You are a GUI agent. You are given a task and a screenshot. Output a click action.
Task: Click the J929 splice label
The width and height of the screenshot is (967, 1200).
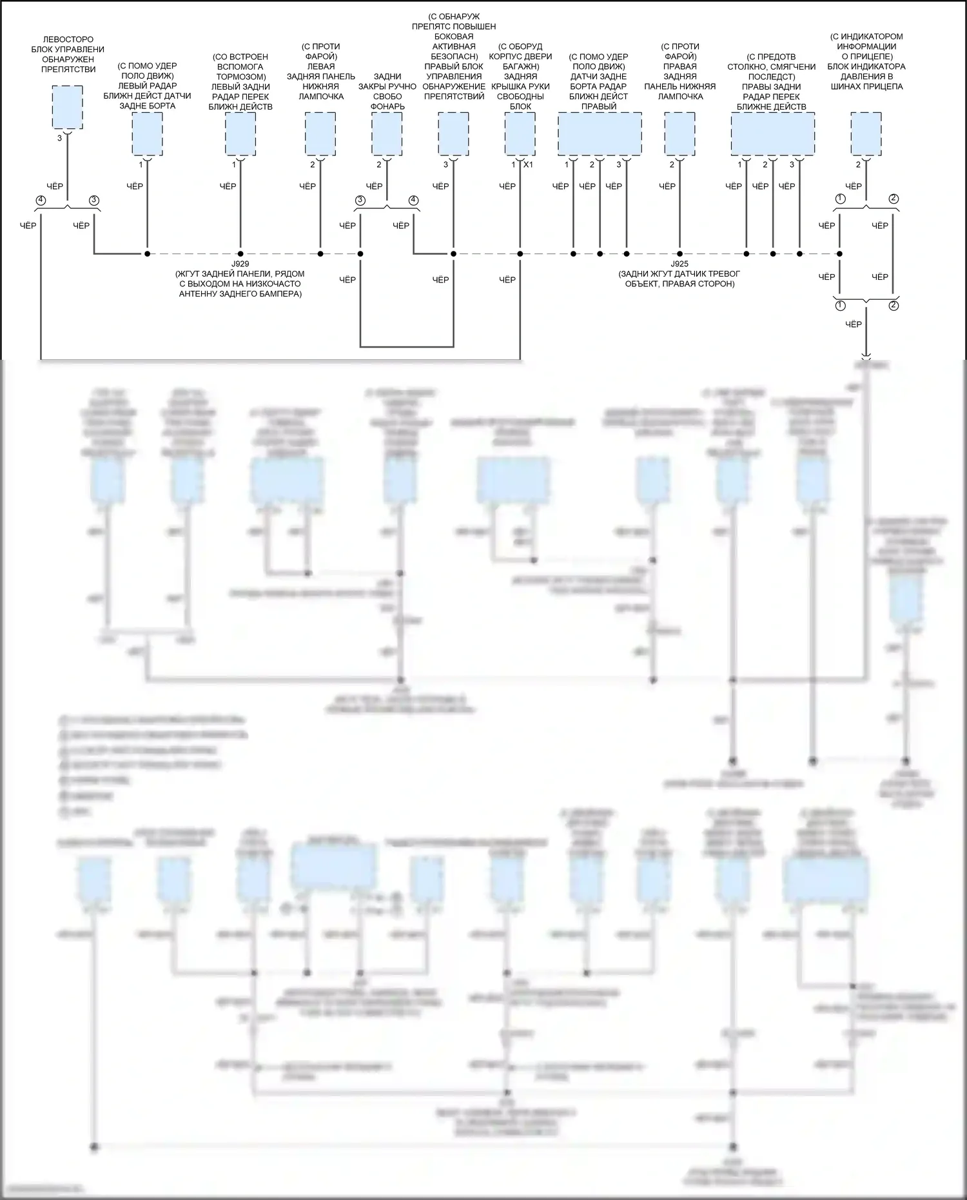(x=240, y=264)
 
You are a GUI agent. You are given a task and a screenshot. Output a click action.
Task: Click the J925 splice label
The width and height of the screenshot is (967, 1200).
(x=679, y=264)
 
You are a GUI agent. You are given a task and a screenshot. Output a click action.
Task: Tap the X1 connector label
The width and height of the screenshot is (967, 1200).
(x=528, y=164)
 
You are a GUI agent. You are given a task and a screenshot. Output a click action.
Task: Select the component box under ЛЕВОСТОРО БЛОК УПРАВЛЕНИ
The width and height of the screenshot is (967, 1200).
(x=67, y=106)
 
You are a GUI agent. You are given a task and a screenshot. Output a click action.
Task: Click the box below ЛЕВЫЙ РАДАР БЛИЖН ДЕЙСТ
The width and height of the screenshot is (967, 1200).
(x=147, y=133)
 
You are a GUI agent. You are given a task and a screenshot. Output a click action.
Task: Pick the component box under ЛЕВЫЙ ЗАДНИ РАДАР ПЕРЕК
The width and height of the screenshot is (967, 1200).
(x=240, y=133)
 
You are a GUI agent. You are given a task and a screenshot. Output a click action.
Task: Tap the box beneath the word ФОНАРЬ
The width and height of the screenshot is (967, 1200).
(x=387, y=133)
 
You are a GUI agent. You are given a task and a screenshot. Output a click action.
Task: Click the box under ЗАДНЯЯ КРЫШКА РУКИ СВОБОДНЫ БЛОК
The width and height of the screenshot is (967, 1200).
(x=520, y=133)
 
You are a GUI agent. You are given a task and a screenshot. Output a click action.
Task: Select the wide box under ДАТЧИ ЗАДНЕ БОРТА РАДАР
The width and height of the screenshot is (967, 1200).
(x=600, y=133)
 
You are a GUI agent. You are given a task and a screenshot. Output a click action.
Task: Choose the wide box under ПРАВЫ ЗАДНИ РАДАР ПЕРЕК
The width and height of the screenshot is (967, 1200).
(x=772, y=133)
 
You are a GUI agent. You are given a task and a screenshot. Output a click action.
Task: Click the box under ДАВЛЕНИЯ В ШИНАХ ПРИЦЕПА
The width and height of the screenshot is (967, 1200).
(x=866, y=133)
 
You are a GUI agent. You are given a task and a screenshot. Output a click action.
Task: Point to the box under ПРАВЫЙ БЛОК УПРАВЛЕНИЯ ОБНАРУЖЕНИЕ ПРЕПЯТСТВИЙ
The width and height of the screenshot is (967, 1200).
(x=453, y=133)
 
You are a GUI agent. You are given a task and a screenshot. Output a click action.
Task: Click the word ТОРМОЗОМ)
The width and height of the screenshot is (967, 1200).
(x=240, y=77)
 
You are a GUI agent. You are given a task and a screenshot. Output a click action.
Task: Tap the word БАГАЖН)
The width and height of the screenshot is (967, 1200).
(x=520, y=66)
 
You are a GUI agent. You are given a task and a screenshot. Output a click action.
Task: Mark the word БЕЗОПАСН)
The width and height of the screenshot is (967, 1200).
(x=454, y=56)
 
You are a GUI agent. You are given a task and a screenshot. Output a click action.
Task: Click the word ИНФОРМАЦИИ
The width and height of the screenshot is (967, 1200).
(x=866, y=46)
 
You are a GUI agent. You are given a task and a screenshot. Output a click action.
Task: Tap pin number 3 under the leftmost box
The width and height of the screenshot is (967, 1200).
(x=59, y=138)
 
